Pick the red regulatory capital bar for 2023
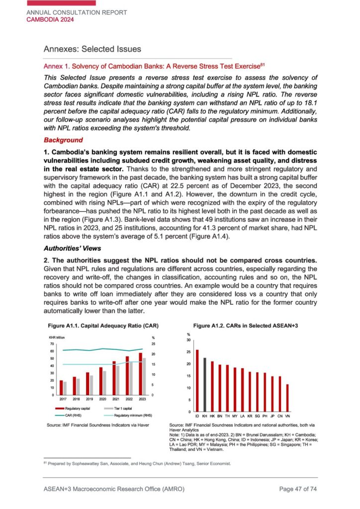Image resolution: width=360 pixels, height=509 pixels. [140, 374]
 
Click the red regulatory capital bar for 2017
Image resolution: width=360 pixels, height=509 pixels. [61, 388]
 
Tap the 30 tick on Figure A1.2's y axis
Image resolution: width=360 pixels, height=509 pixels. [188, 340]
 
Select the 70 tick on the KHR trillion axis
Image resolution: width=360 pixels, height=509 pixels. [52, 344]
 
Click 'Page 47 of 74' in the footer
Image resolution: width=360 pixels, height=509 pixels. [298, 490]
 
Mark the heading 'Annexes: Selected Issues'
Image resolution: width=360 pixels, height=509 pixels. [92, 49]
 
